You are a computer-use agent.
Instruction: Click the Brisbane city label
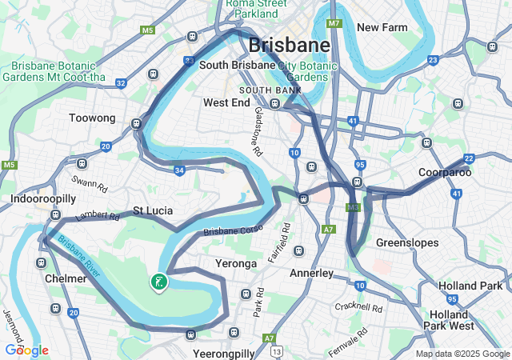(289, 45)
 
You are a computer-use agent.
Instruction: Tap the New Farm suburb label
(382, 27)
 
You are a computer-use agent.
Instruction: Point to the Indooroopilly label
(43, 198)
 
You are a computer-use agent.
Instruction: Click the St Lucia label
(153, 210)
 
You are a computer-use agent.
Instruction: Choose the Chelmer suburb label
(66, 278)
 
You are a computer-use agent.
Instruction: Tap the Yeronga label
(236, 262)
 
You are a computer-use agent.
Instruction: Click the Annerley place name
(311, 273)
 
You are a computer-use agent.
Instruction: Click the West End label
(227, 102)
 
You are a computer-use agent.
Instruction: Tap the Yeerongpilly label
(223, 353)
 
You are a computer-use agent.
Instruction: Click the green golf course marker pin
(158, 281)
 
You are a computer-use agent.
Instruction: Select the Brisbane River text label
(79, 257)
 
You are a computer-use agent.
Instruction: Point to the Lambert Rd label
(98, 216)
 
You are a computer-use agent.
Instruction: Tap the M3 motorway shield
(353, 207)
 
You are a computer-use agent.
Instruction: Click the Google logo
(26, 350)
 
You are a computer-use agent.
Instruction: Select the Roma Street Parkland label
(257, 8)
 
